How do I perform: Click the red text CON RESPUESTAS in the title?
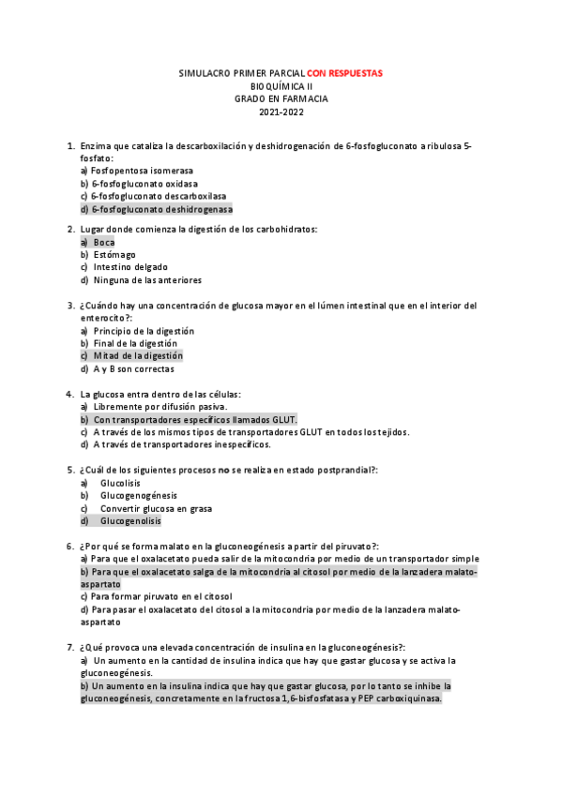(x=344, y=73)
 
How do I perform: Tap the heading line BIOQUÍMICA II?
(x=281, y=86)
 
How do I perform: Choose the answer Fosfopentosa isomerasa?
(x=142, y=172)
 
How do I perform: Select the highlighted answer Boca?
(x=103, y=242)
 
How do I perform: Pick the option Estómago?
(x=114, y=254)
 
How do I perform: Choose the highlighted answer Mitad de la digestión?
(x=137, y=356)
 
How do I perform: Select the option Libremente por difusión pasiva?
(x=159, y=407)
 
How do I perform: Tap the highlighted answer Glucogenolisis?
(x=130, y=521)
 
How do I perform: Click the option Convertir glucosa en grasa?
(x=156, y=508)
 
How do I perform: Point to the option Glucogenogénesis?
(x=138, y=496)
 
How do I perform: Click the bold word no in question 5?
(x=223, y=471)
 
